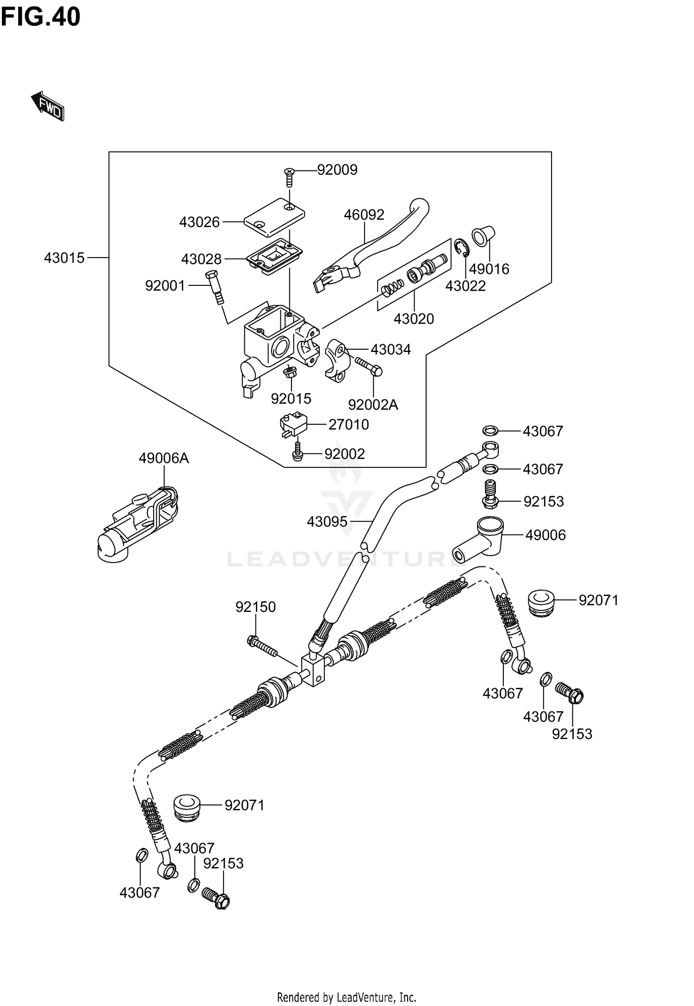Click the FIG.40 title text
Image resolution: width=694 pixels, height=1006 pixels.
pos(41,17)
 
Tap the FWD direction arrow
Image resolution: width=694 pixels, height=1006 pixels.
pos(48,107)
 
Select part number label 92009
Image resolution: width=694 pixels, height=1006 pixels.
pos(337,170)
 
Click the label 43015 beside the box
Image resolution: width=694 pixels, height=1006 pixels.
pos(64,258)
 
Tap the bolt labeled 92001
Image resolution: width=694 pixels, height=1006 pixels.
pos(215,286)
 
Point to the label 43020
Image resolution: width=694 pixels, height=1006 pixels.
pos(414,319)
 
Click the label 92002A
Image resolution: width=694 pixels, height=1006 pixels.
pos(373,405)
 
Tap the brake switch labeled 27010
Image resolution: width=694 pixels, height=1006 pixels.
pos(292,423)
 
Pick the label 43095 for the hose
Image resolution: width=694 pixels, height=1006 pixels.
pos(327,522)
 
